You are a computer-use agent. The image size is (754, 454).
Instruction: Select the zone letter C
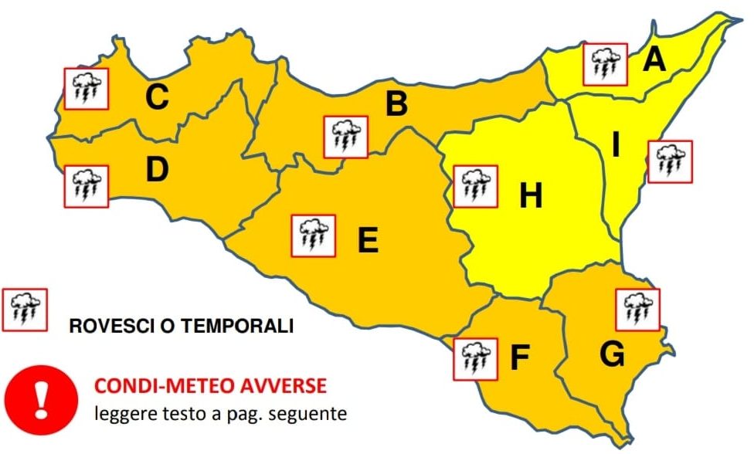157,98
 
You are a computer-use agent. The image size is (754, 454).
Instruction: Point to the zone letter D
157,170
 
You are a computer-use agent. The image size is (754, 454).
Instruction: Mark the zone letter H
530,197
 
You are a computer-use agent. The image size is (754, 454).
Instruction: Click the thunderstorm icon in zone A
605,64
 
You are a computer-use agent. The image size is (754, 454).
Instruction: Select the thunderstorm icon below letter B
345,137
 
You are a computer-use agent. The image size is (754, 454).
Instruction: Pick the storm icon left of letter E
312,235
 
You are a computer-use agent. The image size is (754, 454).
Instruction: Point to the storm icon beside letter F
476,358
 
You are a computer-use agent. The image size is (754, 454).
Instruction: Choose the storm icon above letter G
638,307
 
